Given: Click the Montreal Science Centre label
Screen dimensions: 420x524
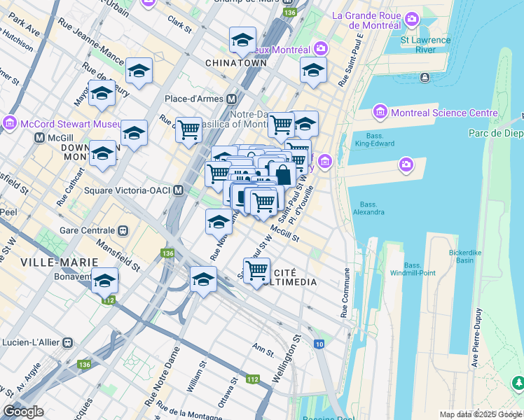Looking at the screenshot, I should click(446, 113).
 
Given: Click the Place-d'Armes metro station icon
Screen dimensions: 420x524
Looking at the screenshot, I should click(230, 99).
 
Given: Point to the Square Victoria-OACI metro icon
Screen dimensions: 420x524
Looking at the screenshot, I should click(179, 190).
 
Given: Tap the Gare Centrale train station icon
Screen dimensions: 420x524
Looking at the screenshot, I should click(123, 230).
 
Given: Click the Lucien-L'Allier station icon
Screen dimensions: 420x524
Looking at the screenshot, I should click(67, 343).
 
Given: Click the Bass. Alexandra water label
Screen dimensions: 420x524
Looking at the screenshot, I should click(368, 208).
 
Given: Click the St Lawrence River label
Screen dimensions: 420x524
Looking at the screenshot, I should click(426, 45).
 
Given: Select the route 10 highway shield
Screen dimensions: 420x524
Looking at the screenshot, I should click(319, 344).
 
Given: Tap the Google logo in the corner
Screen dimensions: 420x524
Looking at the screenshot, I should click(23, 412).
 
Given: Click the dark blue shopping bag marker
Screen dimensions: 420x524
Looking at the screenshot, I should click(283, 174).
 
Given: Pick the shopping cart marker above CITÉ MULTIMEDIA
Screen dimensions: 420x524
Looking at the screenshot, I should click(257, 269).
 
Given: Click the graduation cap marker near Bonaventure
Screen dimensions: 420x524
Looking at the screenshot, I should click(105, 281).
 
